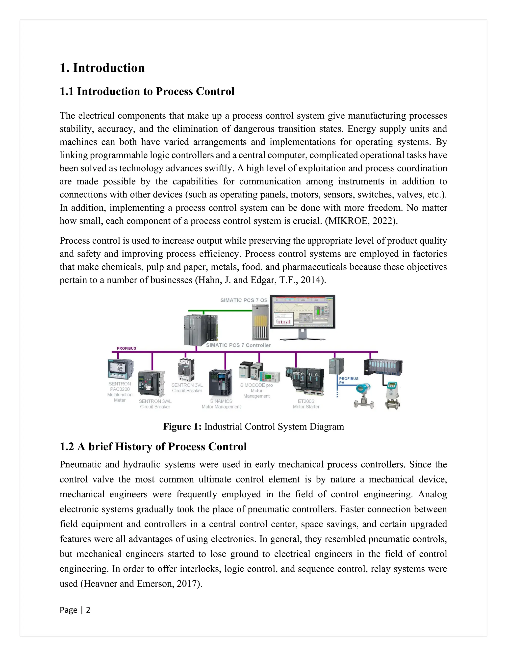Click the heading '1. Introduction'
(x=102, y=68)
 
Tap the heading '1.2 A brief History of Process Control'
(x=153, y=447)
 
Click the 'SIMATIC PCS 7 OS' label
(x=244, y=300)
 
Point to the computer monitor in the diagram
(x=302, y=312)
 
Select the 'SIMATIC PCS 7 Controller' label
(x=238, y=345)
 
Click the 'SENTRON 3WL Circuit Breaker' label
(x=155, y=404)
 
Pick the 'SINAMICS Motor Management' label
(x=221, y=404)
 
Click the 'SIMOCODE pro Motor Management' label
(x=256, y=390)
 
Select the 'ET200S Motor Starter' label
(x=306, y=404)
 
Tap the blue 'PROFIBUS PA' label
(x=348, y=380)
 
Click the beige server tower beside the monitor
(x=260, y=321)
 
